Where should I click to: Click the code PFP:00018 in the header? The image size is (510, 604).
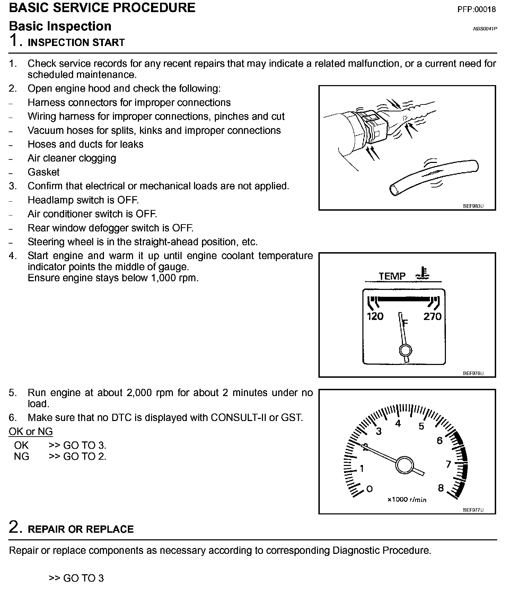tap(476, 9)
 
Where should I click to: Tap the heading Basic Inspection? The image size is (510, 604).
tap(60, 26)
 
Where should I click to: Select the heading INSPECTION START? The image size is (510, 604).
tap(76, 43)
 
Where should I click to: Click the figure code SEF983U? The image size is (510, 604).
tap(473, 206)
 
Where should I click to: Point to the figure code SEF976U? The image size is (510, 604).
tap(473, 373)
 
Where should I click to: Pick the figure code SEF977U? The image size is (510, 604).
tap(473, 510)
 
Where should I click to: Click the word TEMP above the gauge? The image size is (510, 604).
tap(392, 276)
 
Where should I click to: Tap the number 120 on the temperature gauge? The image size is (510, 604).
tap(375, 316)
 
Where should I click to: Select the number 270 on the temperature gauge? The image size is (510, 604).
tap(432, 316)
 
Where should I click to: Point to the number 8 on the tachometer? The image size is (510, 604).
tap(441, 488)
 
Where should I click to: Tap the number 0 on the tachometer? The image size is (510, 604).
tap(369, 489)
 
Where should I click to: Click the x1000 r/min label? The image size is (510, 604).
tap(407, 500)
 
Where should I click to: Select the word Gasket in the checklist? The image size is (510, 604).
tap(43, 172)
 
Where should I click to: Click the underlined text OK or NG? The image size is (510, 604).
tap(31, 431)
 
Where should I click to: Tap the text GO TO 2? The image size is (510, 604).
tap(85, 456)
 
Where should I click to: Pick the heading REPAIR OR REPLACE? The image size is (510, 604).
tap(80, 529)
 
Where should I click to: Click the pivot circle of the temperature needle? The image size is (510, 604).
tap(405, 351)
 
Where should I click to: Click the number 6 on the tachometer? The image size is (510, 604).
tap(439, 441)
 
